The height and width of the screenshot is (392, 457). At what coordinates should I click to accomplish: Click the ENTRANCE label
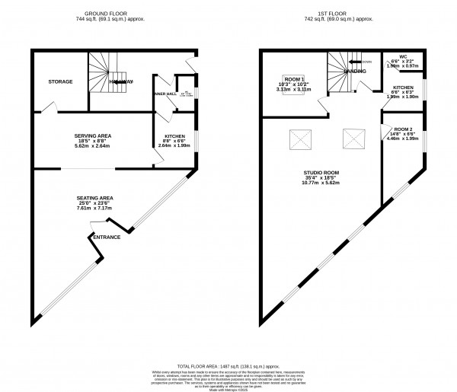107,237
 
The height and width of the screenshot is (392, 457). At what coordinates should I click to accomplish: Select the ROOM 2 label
402,129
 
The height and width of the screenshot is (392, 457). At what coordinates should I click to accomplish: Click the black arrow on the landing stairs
354,61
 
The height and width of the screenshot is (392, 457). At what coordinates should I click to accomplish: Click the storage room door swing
47,110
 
